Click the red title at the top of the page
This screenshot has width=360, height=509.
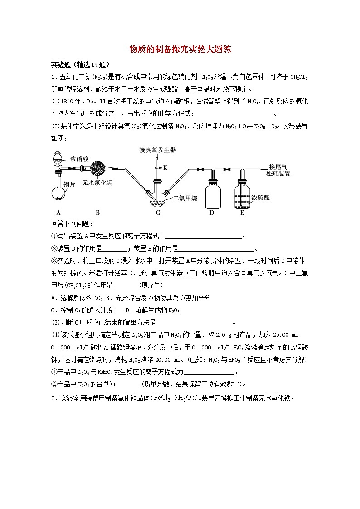(180, 49)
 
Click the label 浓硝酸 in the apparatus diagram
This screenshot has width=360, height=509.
(79, 159)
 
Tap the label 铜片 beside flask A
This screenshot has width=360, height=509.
(69, 184)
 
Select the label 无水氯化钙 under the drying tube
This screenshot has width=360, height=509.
(97, 183)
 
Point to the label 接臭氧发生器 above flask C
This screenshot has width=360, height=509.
(158, 149)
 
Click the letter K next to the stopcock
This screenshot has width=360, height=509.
(165, 167)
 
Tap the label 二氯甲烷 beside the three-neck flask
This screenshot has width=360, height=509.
(185, 198)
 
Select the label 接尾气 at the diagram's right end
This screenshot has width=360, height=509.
(278, 166)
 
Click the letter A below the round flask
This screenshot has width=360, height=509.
(58, 212)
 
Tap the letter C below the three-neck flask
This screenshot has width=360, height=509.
(158, 212)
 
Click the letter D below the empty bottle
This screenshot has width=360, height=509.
(211, 212)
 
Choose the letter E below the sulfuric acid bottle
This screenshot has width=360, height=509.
(242, 212)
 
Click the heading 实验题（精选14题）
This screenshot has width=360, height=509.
(80, 64)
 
